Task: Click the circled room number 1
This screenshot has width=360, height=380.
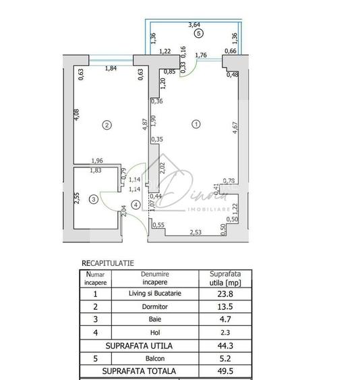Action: click(196, 124)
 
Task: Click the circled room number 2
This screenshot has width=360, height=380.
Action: click(106, 124)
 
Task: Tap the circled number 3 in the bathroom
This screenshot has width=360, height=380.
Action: click(94, 199)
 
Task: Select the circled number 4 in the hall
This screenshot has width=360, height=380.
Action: click(136, 205)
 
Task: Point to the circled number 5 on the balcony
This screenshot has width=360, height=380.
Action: click(198, 33)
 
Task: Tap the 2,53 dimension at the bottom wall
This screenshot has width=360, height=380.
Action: click(196, 232)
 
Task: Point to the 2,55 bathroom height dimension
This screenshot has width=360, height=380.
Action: click(78, 198)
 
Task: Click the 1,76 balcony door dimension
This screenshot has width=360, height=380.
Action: click(200, 56)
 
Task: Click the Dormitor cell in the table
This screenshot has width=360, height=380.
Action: click(154, 306)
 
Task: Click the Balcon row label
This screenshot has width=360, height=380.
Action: click(154, 358)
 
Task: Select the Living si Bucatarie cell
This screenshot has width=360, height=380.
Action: click(154, 294)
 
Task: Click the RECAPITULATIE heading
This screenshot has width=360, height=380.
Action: click(108, 263)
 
